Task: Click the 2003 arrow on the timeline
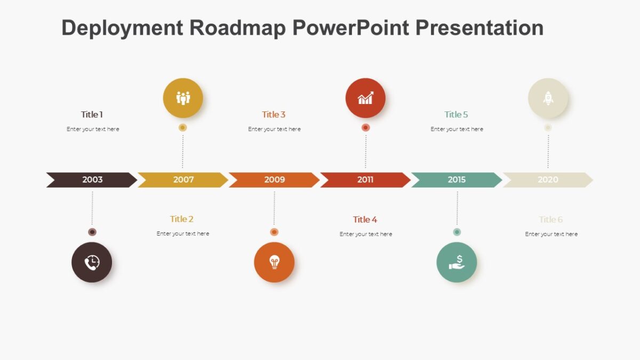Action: (92, 180)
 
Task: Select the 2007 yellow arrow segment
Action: (183, 180)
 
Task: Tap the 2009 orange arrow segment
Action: (274, 180)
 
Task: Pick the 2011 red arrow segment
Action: (365, 180)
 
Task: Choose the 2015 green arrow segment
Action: (457, 180)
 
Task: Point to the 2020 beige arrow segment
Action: (548, 180)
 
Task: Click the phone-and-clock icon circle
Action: (92, 262)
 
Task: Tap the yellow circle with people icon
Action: (183, 98)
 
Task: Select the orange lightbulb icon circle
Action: (274, 262)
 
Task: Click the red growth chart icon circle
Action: (365, 98)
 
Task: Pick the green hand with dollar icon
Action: (457, 262)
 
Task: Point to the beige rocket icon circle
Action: (548, 98)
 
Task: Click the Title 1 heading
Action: (92, 115)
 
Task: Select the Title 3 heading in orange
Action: (274, 115)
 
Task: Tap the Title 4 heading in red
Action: (365, 220)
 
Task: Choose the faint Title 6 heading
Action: (550, 220)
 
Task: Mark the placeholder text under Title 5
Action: (457, 129)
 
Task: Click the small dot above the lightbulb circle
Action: (274, 232)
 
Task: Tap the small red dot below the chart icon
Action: (365, 127)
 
